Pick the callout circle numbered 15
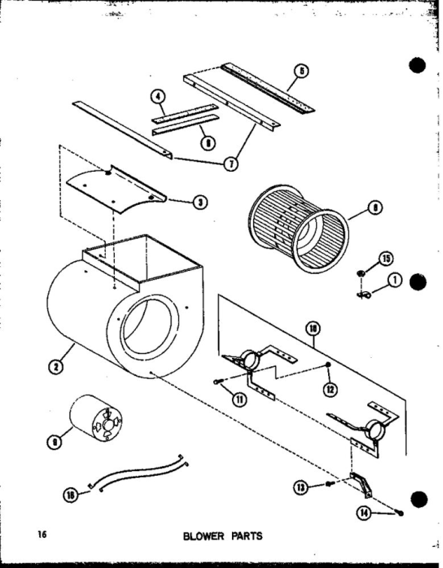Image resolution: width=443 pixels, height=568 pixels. click(386, 260)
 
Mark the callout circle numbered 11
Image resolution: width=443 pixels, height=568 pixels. click(239, 398)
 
